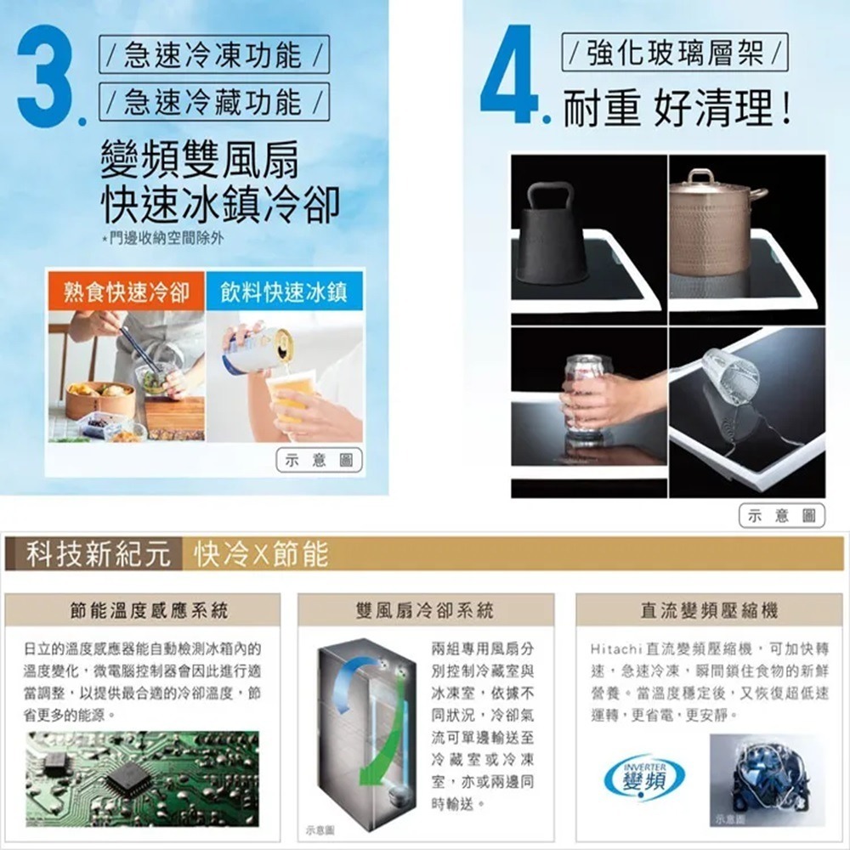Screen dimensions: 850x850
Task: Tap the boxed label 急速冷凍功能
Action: point(212,57)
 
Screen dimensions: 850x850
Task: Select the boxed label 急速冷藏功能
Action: point(212,103)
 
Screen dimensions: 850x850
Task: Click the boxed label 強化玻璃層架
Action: point(676,57)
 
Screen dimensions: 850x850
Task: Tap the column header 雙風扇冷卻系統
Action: point(426,609)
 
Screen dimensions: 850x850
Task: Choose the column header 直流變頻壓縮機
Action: point(709,609)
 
